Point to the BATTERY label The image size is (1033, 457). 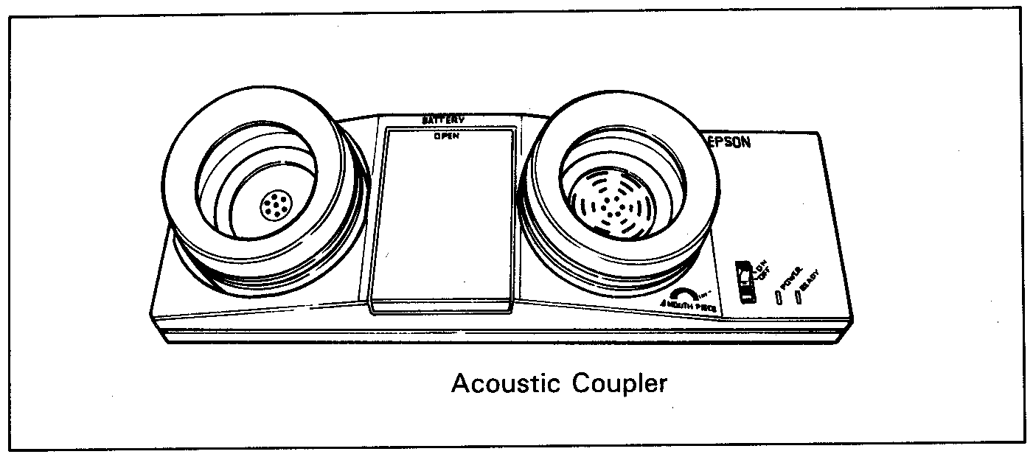(x=442, y=120)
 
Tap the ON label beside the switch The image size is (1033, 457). (x=762, y=266)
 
